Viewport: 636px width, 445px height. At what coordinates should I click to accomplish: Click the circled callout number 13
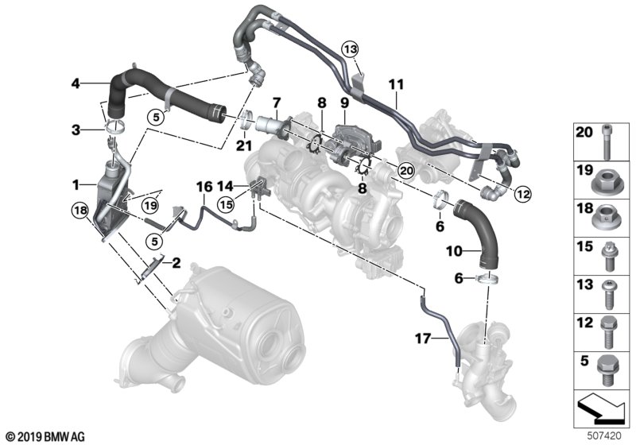(350, 49)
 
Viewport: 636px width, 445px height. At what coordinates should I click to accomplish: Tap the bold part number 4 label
(76, 83)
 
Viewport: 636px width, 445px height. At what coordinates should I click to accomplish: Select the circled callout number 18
(80, 211)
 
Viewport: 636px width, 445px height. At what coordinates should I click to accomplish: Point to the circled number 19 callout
(150, 206)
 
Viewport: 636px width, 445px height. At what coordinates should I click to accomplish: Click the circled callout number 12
(522, 195)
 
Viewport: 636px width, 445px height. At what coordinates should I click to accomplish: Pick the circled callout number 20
(406, 171)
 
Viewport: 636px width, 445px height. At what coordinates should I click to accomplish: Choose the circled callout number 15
(226, 205)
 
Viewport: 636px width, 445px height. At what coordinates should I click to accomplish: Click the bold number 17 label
(422, 338)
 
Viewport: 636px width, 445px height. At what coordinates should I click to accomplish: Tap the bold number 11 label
(396, 85)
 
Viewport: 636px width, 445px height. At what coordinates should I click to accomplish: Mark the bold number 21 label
(244, 145)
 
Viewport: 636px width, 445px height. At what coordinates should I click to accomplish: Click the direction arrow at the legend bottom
(600, 408)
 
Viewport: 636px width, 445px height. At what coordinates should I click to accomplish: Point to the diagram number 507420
(604, 436)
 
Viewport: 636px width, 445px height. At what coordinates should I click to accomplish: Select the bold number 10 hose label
(454, 251)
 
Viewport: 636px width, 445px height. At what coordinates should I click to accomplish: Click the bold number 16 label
(204, 187)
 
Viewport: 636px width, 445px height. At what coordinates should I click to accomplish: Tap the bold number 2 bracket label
(176, 264)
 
